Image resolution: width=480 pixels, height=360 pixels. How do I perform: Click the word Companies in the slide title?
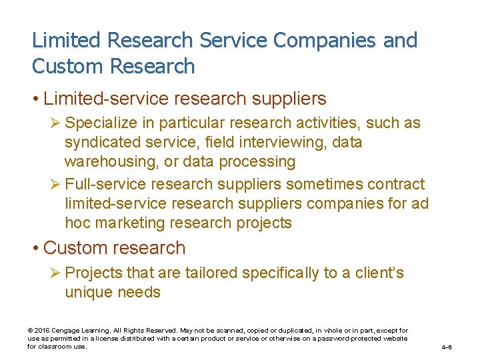click(x=313, y=40)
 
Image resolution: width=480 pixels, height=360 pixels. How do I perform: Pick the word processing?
click(x=258, y=162)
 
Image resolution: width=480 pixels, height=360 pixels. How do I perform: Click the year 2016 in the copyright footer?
click(x=42, y=331)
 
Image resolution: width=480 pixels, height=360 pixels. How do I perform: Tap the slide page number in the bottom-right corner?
click(x=447, y=347)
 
